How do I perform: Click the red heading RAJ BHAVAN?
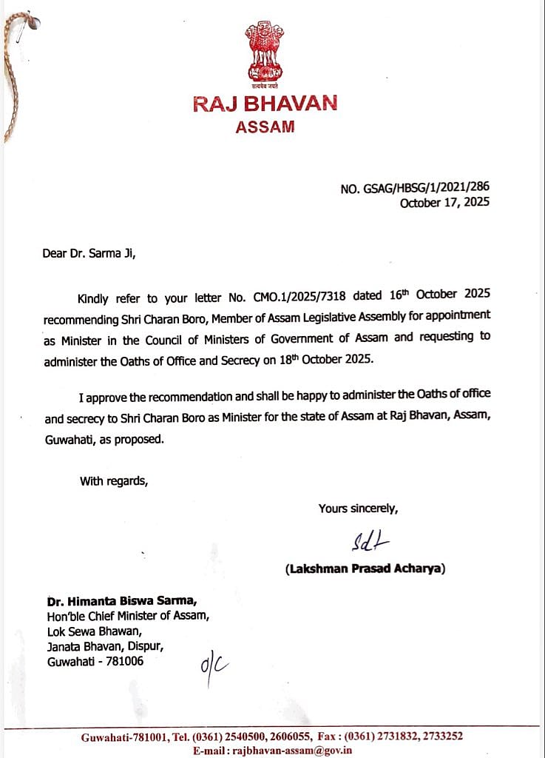point(265,104)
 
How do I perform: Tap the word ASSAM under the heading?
point(265,127)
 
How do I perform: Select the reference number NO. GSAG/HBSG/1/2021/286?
point(415,189)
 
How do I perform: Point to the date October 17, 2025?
point(444,203)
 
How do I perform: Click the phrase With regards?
point(114,481)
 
